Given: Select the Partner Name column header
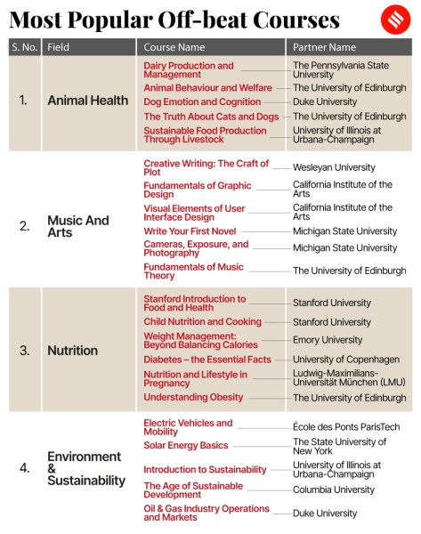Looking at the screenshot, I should [x=324, y=47].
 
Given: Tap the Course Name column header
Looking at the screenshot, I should [x=174, y=47].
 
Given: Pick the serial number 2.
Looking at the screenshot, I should [x=24, y=225].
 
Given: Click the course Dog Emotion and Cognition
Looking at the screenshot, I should [x=202, y=102].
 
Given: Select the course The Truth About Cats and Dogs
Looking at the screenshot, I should [x=211, y=117].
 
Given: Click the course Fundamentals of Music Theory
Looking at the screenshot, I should [x=193, y=271].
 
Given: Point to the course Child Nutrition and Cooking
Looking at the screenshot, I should [x=202, y=322].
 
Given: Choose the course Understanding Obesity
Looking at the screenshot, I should [x=193, y=398].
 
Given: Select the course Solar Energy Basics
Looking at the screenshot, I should [x=186, y=445].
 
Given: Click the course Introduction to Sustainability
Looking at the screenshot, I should [x=205, y=469].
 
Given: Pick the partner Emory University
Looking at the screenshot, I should [x=328, y=340].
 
